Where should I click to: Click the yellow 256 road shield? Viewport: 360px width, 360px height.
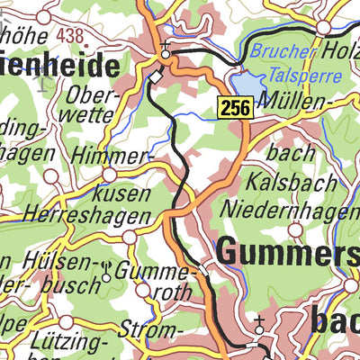tap(233, 107)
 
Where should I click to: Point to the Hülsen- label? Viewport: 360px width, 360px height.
tap(58, 261)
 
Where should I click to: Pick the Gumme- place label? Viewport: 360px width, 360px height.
tap(159, 270)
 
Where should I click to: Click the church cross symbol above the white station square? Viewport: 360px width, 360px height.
tap(164, 48)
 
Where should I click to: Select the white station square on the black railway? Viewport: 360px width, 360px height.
tap(155, 78)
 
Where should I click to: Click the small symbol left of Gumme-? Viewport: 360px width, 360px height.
tap(108, 267)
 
